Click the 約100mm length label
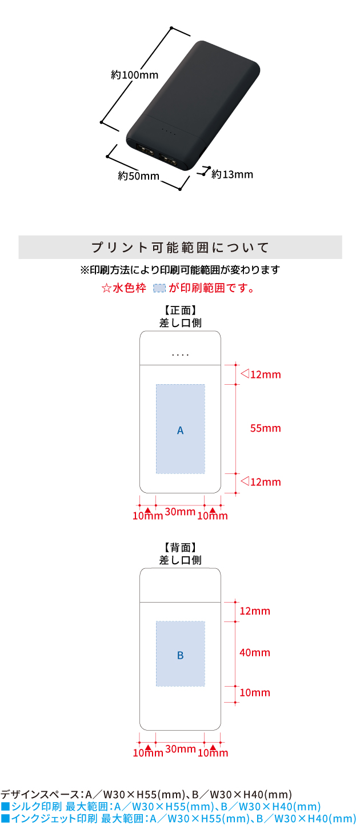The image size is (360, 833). coord(134,75)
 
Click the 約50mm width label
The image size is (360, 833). coord(139,176)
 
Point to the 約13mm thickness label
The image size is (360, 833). coord(232,174)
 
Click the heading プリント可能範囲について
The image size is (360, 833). coord(180,248)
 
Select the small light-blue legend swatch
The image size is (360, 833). coord(159,288)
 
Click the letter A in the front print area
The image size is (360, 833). coord(180,431)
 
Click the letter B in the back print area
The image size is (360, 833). coord(180,655)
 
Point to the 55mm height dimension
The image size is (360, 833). coord(265,428)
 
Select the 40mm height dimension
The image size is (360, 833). coord(255,652)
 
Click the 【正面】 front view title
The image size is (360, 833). coord(180,310)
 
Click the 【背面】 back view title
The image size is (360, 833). coord(180,547)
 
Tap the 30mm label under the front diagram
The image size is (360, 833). coord(180,512)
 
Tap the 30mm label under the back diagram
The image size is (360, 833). coord(181,748)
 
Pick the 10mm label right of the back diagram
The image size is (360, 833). coord(255,692)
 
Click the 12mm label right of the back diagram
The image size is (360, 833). coord(255,611)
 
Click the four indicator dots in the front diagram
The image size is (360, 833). coord(180,355)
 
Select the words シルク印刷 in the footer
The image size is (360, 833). coord(37,806)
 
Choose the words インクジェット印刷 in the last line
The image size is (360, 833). coord(54,818)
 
